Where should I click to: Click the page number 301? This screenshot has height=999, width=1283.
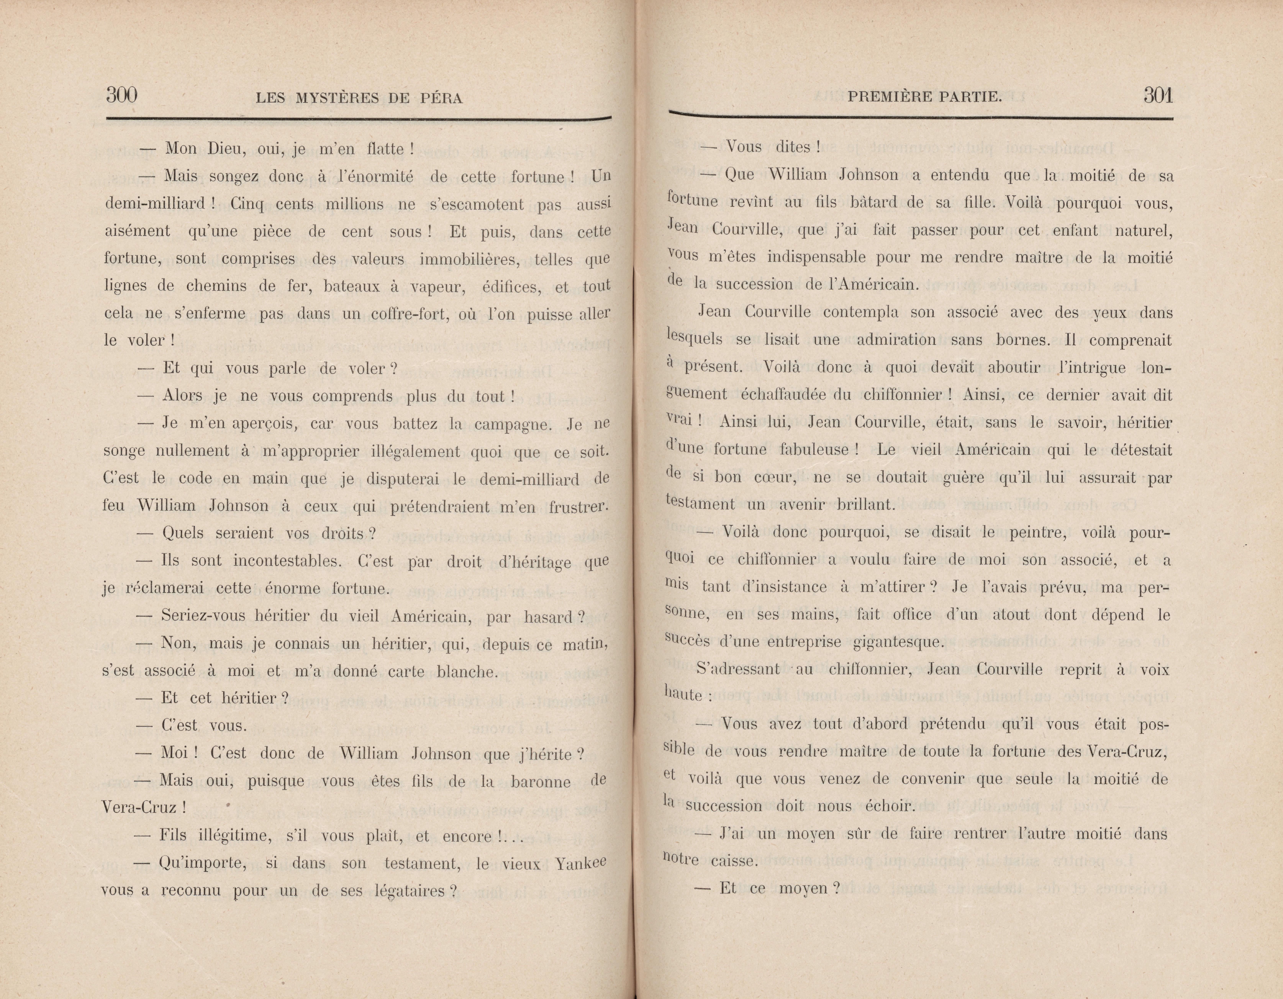1157,95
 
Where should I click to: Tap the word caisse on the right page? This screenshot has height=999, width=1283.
733,861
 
